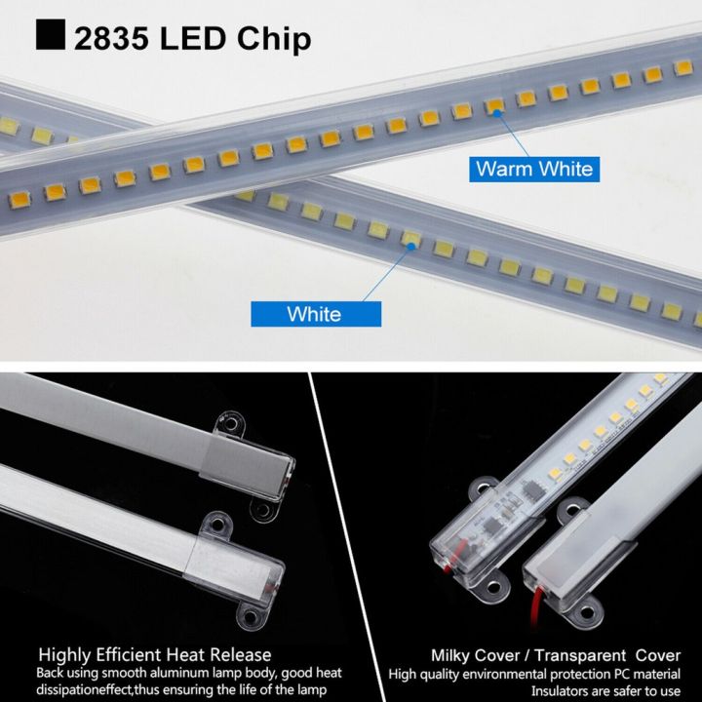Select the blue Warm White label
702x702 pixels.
[x=533, y=169]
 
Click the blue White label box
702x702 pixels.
[x=314, y=314]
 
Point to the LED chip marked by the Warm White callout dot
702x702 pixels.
[x=496, y=105]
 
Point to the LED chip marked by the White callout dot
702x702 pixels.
[x=411, y=237]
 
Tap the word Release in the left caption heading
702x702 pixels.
[x=240, y=655]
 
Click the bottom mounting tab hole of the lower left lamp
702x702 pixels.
[x=252, y=617]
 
